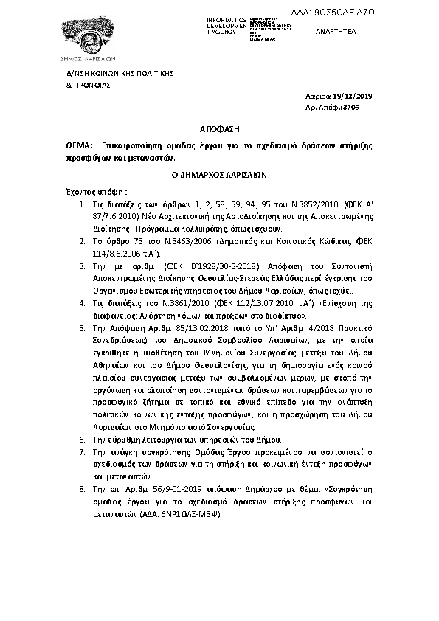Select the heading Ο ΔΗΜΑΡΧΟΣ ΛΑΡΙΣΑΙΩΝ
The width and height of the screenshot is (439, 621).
pyautogui.click(x=219, y=176)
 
